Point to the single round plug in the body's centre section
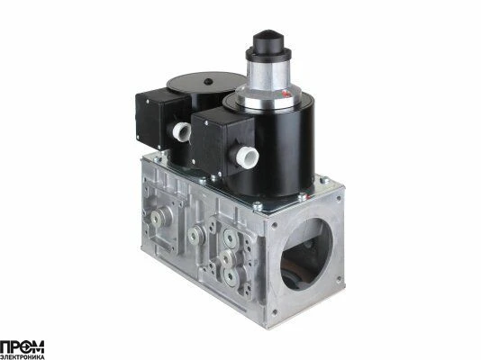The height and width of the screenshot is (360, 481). pos(195,234)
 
